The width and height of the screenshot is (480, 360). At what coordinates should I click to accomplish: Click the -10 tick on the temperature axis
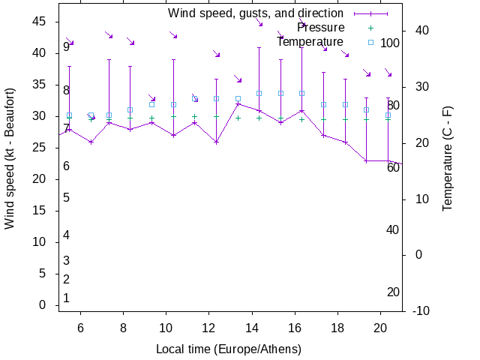tap(421, 311)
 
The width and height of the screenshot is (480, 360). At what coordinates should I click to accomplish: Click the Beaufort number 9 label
tap(66, 46)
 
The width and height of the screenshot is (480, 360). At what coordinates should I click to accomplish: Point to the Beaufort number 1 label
tap(66, 298)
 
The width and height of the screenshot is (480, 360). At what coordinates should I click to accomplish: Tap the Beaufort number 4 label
tap(66, 235)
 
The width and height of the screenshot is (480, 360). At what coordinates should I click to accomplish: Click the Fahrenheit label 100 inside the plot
tap(390, 43)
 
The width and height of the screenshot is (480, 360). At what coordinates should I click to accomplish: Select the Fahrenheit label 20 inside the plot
tap(393, 292)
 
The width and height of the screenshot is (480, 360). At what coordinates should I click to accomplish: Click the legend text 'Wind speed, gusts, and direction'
tap(255, 13)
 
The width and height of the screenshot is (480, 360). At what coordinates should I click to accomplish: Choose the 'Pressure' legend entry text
tap(320, 28)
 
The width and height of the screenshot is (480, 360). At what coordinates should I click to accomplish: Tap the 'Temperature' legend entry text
tap(310, 42)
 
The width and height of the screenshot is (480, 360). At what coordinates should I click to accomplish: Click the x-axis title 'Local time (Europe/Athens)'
tap(229, 349)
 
